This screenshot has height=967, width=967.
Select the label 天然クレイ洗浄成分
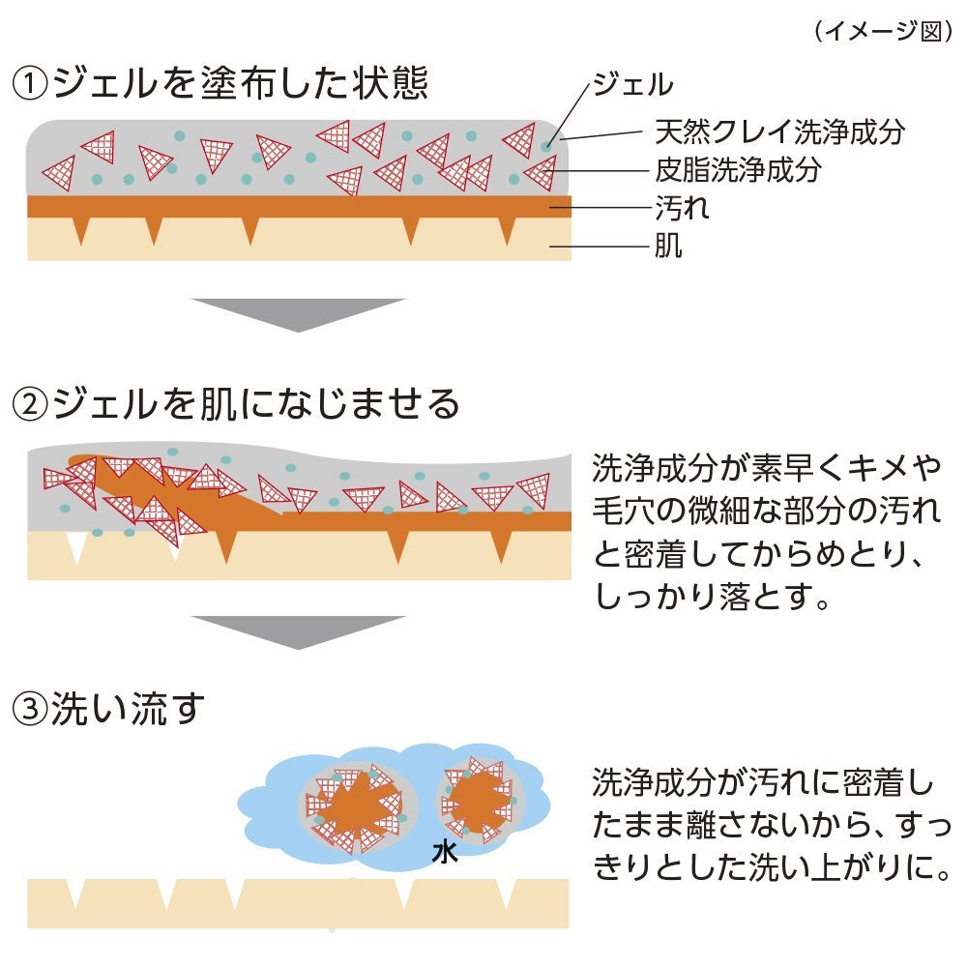(779, 131)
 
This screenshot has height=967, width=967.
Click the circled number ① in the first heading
(31, 85)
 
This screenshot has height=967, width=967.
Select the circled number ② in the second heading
(31, 405)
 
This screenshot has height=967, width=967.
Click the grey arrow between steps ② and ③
(297, 630)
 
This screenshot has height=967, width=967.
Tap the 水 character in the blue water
(444, 852)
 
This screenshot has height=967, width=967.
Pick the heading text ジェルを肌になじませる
(256, 405)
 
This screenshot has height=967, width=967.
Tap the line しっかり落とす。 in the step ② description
(714, 599)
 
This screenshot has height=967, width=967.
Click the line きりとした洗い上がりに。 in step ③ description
(768, 867)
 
